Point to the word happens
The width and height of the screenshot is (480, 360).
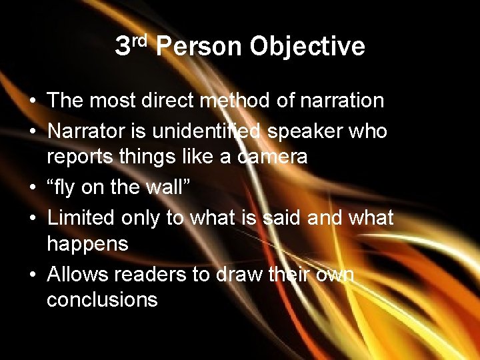click(x=87, y=245)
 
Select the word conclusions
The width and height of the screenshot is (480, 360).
click(x=102, y=301)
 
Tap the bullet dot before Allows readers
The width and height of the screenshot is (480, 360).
click(x=32, y=274)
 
